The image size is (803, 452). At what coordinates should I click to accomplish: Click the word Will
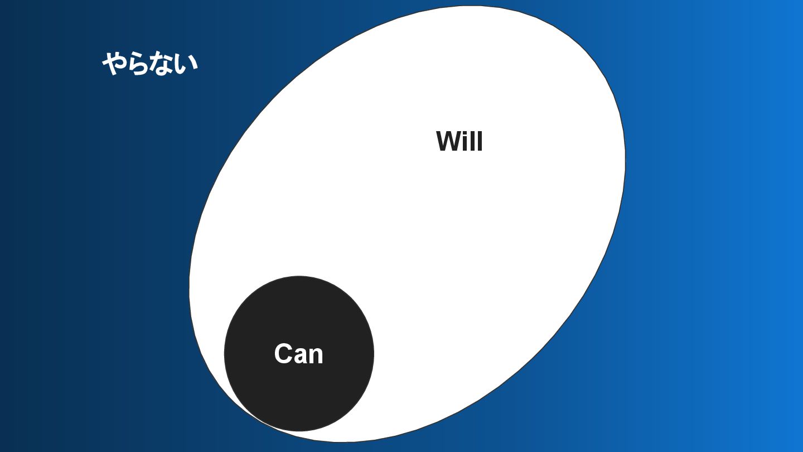459,141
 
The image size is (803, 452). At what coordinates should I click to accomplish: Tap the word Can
298,354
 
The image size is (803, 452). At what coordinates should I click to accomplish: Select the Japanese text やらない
150,63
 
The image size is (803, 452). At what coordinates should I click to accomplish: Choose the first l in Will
473,141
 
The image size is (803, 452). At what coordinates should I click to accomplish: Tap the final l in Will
480,141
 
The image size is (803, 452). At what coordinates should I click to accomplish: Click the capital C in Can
284,354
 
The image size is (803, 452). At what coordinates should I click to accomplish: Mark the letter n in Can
316,355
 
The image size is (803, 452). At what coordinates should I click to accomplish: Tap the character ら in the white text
139,64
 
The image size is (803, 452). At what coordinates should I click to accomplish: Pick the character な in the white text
162,64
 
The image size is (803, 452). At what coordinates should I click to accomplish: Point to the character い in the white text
186,64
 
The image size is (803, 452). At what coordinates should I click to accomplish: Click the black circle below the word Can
299,396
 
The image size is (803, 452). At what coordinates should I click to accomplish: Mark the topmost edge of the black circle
299,277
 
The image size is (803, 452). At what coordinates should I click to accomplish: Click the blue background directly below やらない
150,123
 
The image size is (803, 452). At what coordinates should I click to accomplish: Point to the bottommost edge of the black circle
299,430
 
